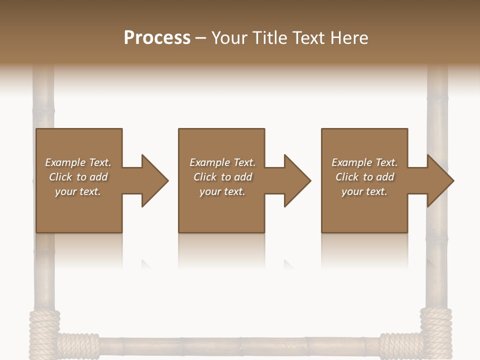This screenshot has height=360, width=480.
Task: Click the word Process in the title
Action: point(157,38)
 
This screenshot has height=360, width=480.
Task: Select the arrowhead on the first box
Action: point(152,180)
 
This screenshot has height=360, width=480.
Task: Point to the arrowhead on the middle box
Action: point(295,180)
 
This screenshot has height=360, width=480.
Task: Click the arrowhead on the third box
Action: point(438,180)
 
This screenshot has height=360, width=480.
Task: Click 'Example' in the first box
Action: point(65,162)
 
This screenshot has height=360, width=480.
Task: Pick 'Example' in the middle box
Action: point(209,162)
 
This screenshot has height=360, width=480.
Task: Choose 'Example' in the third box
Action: point(351,162)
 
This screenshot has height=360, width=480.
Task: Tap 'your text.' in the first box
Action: point(78,191)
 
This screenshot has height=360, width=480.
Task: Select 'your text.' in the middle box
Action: point(222,191)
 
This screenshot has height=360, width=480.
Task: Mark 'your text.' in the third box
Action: point(364,191)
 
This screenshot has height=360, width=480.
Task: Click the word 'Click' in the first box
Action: point(60,177)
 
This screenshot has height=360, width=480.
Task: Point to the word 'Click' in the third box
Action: point(347,177)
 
